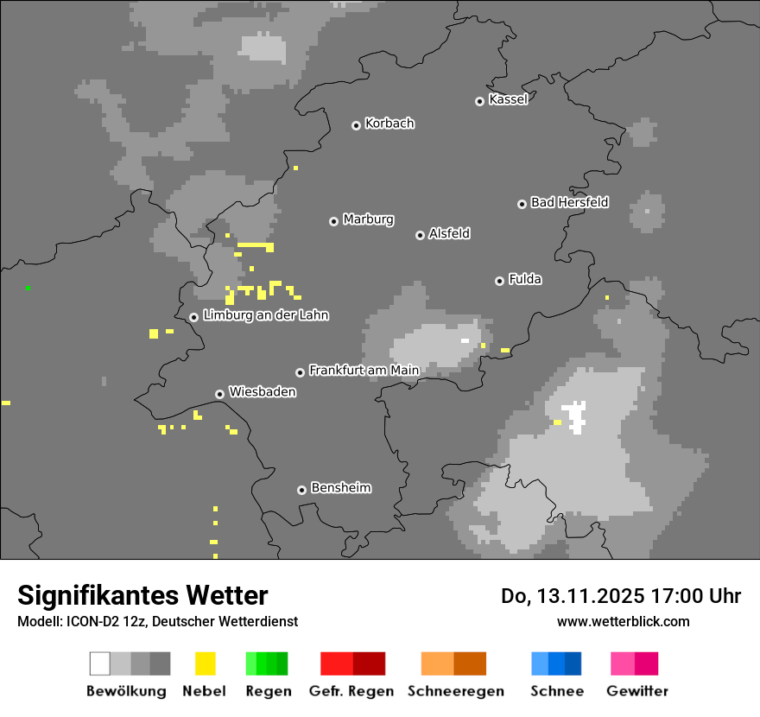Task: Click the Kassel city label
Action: pos(508,99)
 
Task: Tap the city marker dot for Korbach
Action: pos(356,125)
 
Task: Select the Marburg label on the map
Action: pos(368,219)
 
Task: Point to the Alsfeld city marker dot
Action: pos(420,235)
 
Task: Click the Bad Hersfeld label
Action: pos(569,202)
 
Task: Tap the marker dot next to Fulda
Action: pos(499,281)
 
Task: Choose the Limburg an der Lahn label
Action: pos(265,315)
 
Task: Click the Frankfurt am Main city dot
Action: pos(300,372)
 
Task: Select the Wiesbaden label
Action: pos(262,392)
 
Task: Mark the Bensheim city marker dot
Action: pos(301,490)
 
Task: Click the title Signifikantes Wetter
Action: pos(142,595)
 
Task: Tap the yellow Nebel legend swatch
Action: pos(205,663)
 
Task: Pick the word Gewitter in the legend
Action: pos(637,691)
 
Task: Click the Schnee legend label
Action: pos(556,691)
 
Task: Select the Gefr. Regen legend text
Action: pos(351,691)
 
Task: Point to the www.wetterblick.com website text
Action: pos(623,621)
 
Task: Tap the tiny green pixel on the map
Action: pos(28,288)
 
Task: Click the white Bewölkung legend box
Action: pos(100,663)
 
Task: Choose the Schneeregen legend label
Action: pos(456,691)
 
